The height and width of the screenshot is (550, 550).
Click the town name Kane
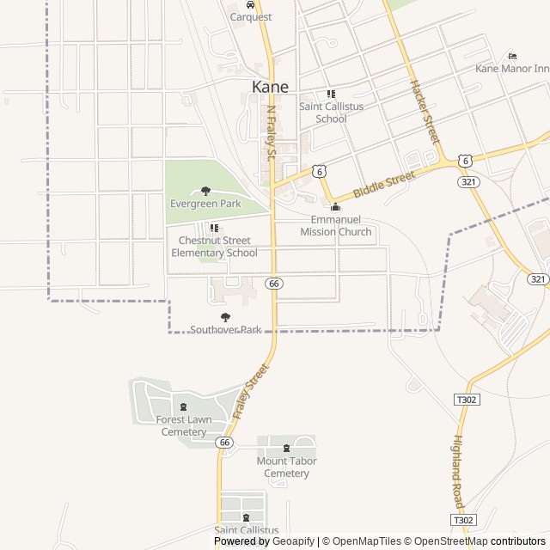(270, 87)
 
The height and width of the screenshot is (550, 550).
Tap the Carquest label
(250, 16)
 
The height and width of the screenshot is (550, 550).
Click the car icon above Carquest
(250, 4)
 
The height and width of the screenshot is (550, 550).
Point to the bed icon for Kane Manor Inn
(513, 56)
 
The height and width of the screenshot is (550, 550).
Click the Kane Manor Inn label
(512, 68)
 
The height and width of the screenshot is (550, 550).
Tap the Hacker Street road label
(425, 111)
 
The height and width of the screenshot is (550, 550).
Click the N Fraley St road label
(271, 133)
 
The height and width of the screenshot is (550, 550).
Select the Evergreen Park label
(205, 204)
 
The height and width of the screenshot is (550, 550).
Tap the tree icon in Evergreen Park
(205, 191)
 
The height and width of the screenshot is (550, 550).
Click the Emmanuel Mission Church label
(335, 226)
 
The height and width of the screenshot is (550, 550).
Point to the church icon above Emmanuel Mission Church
(335, 207)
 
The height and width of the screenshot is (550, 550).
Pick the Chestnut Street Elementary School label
(214, 247)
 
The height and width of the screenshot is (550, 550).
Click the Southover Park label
(225, 329)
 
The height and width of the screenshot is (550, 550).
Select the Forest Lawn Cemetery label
(184, 425)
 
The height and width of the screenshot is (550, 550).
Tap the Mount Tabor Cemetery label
(286, 467)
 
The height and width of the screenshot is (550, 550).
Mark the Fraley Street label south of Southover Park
(251, 392)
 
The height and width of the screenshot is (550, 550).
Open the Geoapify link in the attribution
(293, 541)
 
